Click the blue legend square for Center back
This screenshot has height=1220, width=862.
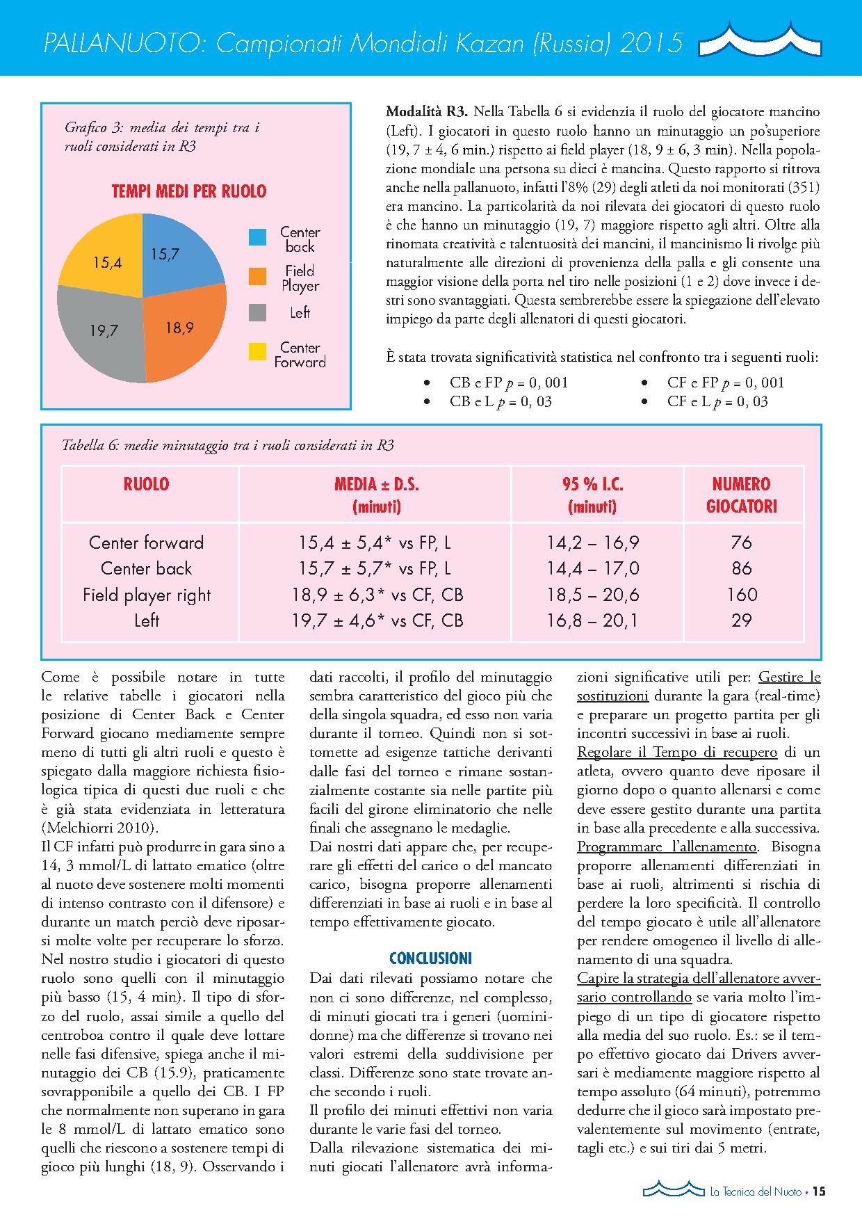(257, 236)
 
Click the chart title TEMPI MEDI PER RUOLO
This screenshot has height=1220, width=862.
(189, 191)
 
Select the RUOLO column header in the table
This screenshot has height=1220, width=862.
(146, 484)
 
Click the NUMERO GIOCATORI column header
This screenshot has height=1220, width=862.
(742, 495)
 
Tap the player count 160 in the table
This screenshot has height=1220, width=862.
(742, 595)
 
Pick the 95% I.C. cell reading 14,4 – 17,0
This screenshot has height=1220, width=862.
(592, 569)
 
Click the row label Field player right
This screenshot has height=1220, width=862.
(146, 595)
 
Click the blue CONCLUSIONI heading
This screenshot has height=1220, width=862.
(430, 958)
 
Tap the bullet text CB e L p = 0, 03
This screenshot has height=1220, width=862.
(501, 401)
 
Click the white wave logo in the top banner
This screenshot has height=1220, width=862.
(761, 40)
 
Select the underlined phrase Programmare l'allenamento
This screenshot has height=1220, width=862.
(667, 847)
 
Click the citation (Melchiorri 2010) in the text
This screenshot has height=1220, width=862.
(100, 828)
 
